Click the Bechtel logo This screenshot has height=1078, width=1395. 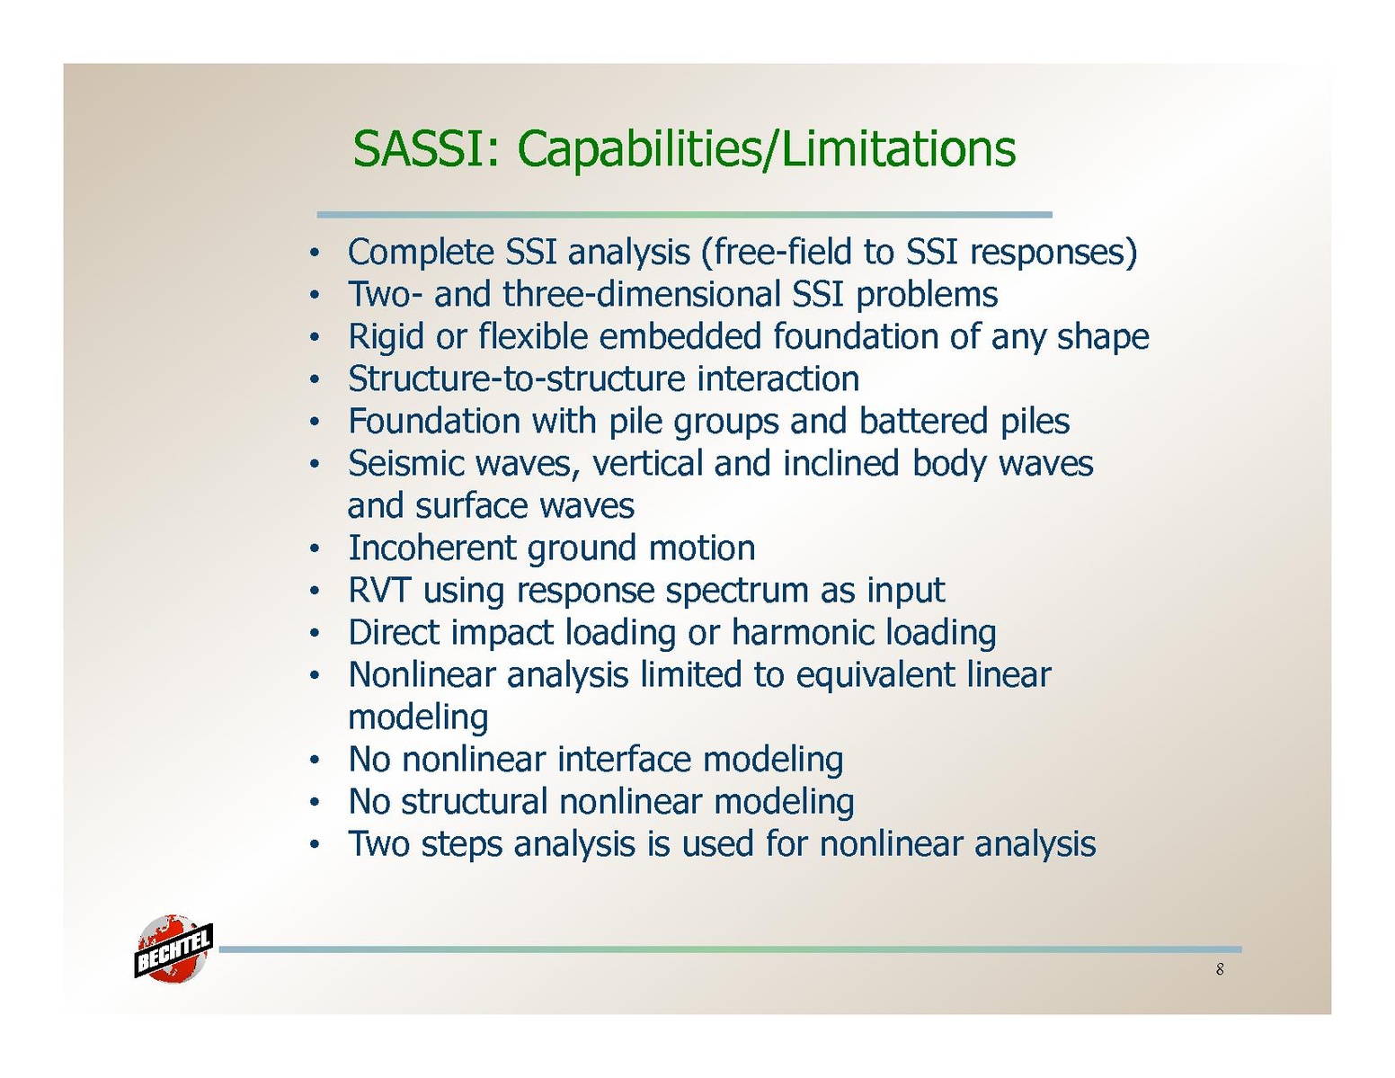tap(173, 948)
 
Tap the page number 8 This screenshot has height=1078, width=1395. tap(1219, 969)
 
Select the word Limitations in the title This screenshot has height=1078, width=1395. tap(898, 148)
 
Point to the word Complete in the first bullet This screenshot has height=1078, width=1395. tap(421, 252)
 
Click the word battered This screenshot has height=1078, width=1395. tap(923, 421)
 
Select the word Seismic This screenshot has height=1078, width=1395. tap(405, 463)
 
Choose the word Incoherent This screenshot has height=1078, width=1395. tap(432, 548)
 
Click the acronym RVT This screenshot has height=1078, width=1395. tap(378, 590)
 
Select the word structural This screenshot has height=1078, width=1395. tap(475, 801)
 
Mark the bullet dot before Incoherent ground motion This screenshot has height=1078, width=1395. tap(314, 549)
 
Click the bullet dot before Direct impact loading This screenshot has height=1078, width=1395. tap(314, 635)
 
